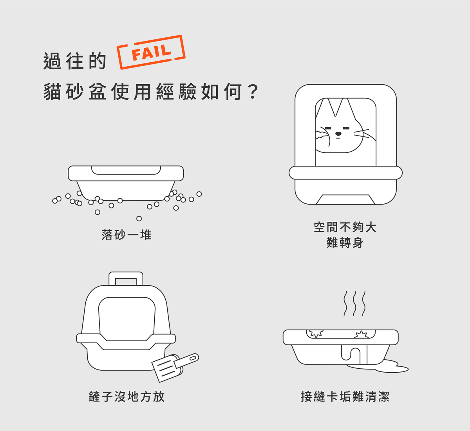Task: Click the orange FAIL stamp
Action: pyautogui.click(x=151, y=52)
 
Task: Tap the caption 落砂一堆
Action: pyautogui.click(x=127, y=235)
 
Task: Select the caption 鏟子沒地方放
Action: pyautogui.click(x=127, y=397)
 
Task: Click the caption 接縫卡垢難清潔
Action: pyautogui.click(x=345, y=397)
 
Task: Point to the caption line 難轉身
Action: pyautogui.click(x=345, y=243)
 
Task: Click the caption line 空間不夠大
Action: pyautogui.click(x=345, y=227)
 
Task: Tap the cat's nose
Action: pyautogui.click(x=338, y=134)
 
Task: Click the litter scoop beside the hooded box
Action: pyautogui.click(x=175, y=368)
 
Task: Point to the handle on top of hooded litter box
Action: pyautogui.click(x=126, y=279)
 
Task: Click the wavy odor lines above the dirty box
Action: pyautogui.click(x=354, y=303)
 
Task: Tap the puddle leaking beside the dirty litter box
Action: pyautogui.click(x=384, y=368)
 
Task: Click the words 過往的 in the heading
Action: pyautogui.click(x=75, y=61)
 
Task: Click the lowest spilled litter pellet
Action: pyautogui.click(x=139, y=219)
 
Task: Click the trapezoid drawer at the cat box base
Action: pyautogui.click(x=345, y=199)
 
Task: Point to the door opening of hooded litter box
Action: pyautogui.click(x=127, y=319)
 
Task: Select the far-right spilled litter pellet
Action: pyautogui.click(x=199, y=194)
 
